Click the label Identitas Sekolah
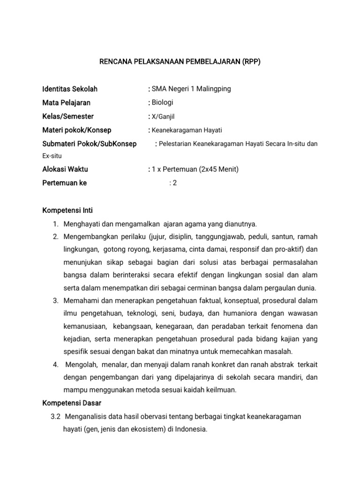click(x=70, y=89)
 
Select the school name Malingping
click(x=214, y=89)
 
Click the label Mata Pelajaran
click(x=66, y=103)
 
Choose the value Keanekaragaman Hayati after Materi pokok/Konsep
click(x=187, y=130)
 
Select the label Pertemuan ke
click(x=64, y=183)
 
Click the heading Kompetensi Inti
click(x=67, y=210)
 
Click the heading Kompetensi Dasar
click(x=72, y=403)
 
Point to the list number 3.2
click(x=56, y=416)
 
